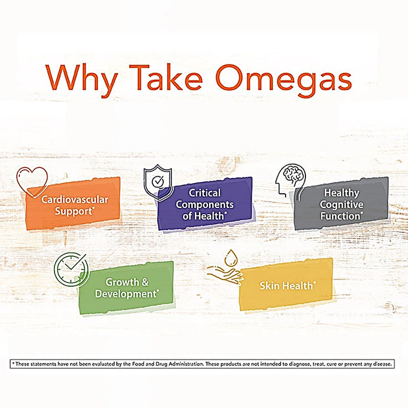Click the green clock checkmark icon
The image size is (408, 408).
[x=71, y=269]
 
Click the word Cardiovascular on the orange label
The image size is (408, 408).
[x=74, y=199]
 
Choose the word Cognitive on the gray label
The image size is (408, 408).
[x=341, y=204]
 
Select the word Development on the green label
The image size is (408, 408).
[x=125, y=294]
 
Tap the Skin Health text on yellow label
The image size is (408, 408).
[x=287, y=286]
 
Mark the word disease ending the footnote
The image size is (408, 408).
[x=381, y=364]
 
